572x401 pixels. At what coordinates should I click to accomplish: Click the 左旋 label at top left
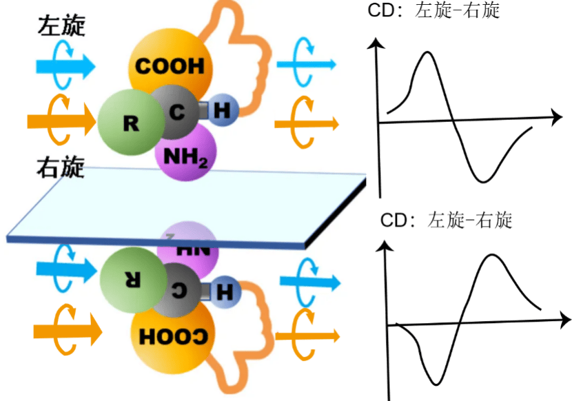[x=62, y=25]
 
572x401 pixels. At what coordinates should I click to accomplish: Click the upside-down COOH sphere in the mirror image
[x=170, y=336]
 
